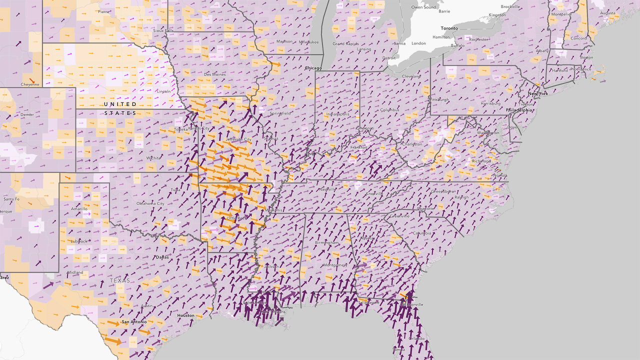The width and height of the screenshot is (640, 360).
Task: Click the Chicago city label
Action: pyautogui.click(x=313, y=67)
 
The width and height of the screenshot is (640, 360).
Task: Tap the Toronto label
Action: pyautogui.click(x=449, y=28)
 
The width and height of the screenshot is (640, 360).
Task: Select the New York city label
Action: pyautogui.click(x=538, y=93)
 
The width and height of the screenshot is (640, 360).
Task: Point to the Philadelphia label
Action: pyautogui.click(x=519, y=110)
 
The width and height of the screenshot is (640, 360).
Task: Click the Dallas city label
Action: pyautogui.click(x=162, y=257)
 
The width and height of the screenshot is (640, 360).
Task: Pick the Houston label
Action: pyautogui.click(x=185, y=315)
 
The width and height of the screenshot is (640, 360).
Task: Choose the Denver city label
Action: pyautogui.click(x=27, y=114)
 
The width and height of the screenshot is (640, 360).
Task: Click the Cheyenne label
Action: pyautogui.click(x=30, y=84)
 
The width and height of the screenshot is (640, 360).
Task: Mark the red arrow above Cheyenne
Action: pyautogui.click(x=32, y=80)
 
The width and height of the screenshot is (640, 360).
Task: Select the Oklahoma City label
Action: pyautogui.click(x=150, y=203)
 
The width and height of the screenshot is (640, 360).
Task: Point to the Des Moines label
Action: pyautogui.click(x=214, y=74)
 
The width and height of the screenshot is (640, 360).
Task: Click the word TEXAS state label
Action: pyautogui.click(x=120, y=280)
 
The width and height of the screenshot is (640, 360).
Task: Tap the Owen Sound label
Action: pyautogui.click(x=423, y=7)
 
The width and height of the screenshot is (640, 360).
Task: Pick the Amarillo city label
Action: pyautogui.click(x=78, y=208)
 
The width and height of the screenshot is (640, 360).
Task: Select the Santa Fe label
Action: pyautogui.click(x=11, y=199)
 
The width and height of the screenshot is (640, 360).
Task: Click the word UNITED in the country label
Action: pyautogui.click(x=120, y=104)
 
